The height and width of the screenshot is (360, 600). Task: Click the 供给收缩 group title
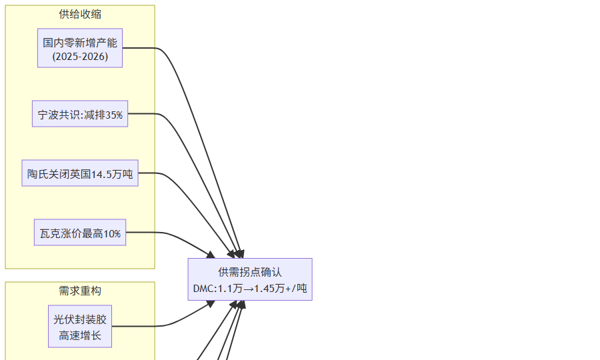click(80, 15)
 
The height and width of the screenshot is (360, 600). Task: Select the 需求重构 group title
click(80, 291)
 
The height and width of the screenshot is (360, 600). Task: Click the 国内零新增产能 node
click(80, 49)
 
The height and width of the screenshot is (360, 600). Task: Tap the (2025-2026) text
click(80, 56)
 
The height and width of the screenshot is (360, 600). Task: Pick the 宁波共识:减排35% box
click(80, 114)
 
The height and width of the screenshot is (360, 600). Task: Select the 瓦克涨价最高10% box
click(80, 233)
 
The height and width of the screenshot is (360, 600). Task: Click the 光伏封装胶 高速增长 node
click(80, 327)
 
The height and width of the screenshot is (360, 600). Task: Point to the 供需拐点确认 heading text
click(250, 272)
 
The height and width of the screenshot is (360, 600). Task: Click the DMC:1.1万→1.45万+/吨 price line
click(250, 289)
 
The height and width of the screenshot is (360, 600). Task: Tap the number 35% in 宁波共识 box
click(114, 115)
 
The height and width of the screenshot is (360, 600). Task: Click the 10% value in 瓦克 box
click(112, 233)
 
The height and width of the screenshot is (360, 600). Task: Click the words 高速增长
click(80, 335)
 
